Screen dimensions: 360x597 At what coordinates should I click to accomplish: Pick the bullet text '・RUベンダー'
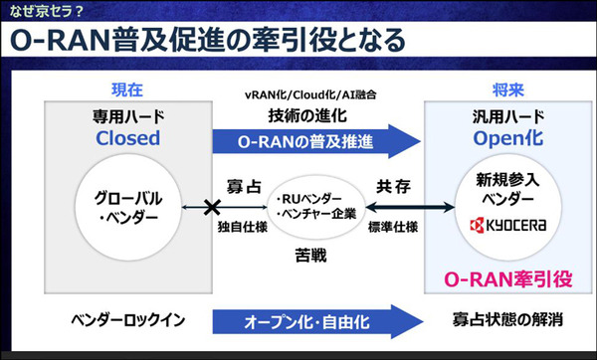(x=311, y=197)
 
